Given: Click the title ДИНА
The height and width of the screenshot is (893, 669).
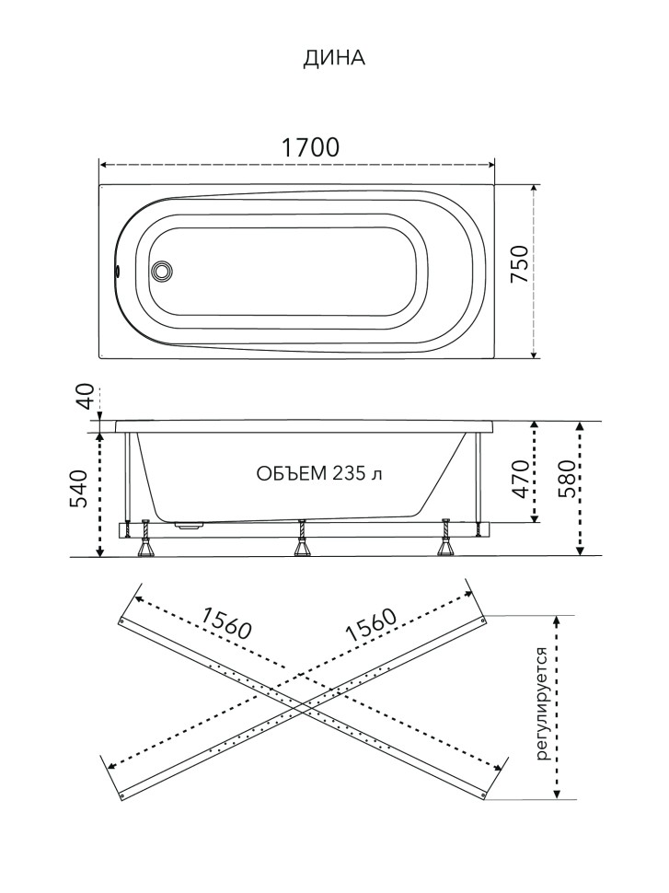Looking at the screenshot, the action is pos(334,58).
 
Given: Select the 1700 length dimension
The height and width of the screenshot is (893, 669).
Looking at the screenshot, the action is pos(311,147).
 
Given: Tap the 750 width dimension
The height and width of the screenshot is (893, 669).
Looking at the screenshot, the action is pos(519,265).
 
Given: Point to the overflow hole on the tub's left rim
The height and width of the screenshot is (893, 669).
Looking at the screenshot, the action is pos(118,271).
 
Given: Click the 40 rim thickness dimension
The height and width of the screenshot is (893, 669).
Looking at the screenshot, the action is pos(85,397).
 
